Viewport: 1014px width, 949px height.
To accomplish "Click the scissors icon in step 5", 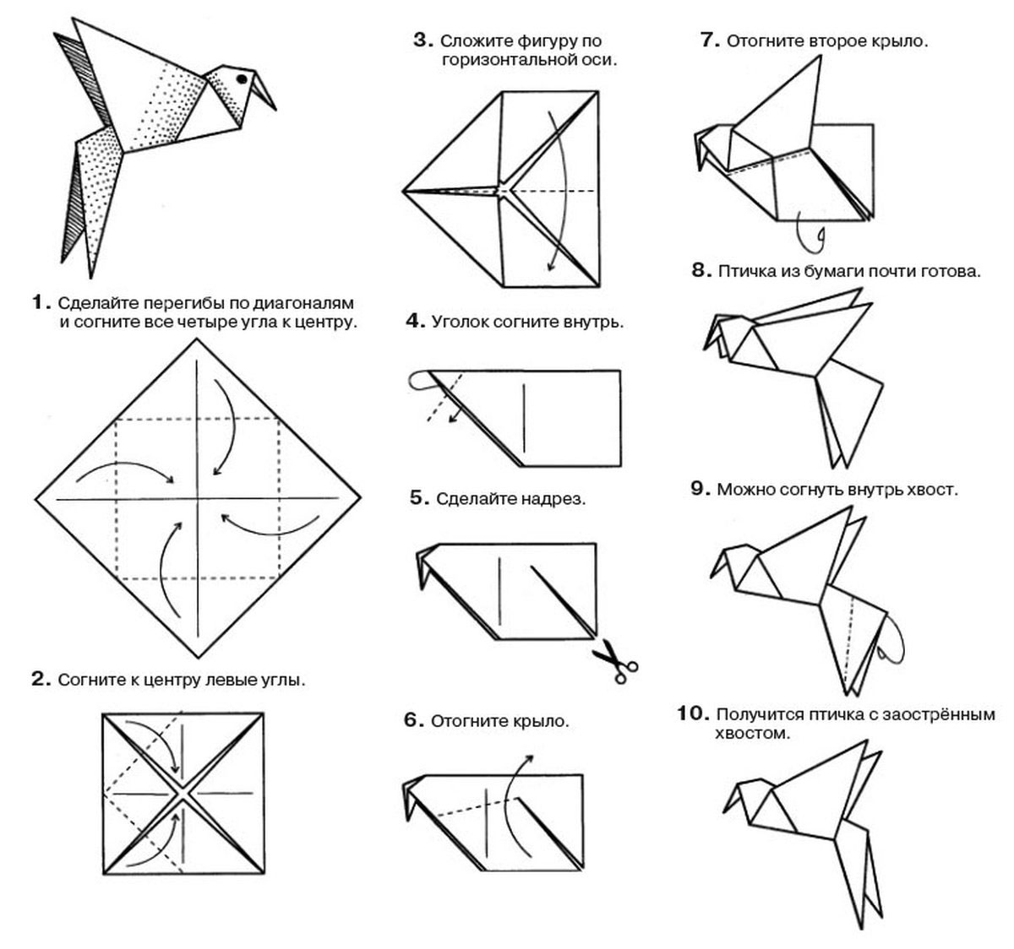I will point(615,661).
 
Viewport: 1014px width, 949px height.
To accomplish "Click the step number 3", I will point(423,40).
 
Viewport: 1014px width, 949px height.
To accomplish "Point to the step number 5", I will point(420,498).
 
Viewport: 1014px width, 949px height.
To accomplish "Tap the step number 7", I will point(709,40).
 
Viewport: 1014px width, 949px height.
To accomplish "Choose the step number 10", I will point(692,714).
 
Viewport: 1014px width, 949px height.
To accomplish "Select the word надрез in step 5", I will point(558,499).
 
